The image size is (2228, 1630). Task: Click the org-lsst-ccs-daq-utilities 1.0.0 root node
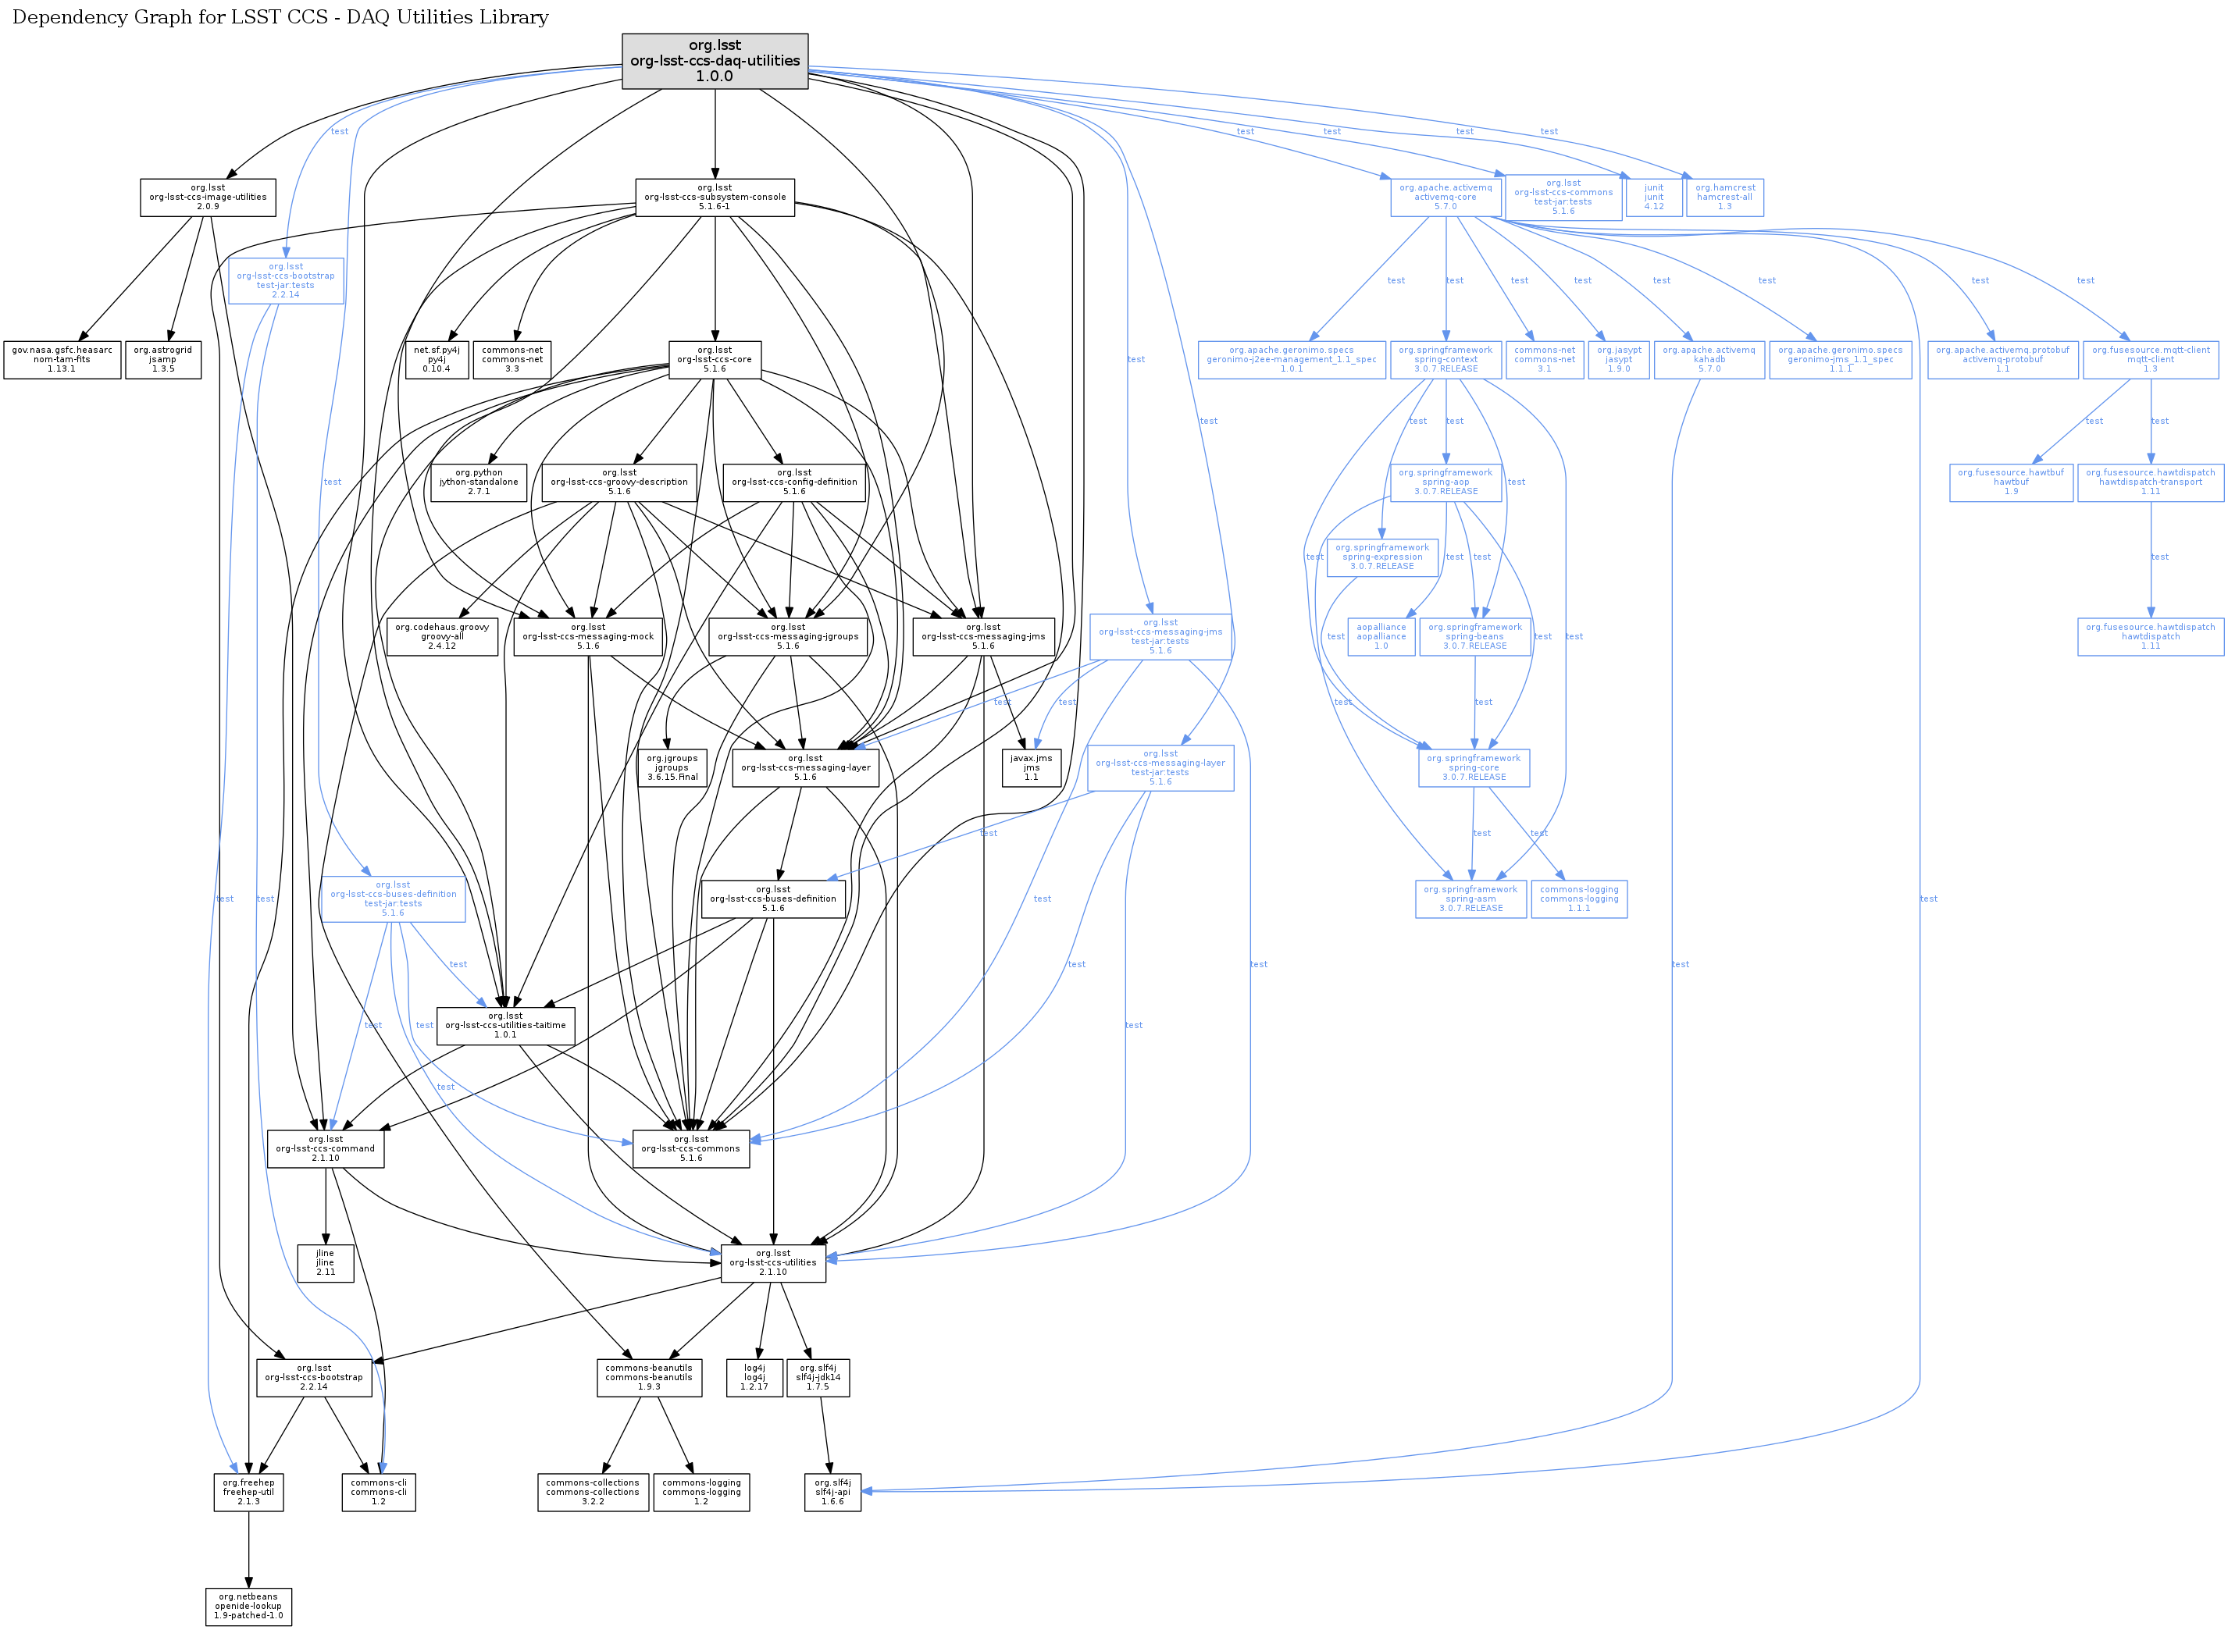pyautogui.click(x=714, y=61)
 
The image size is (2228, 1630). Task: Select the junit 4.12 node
pyautogui.click(x=1653, y=198)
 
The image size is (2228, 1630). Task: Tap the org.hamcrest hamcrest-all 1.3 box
pyautogui.click(x=1724, y=198)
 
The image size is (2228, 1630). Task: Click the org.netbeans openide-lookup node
pyautogui.click(x=249, y=1605)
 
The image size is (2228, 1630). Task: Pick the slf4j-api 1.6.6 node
pyautogui.click(x=832, y=1492)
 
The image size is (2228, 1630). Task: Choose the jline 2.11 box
pyautogui.click(x=325, y=1263)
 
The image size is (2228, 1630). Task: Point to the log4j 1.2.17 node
pyautogui.click(x=754, y=1377)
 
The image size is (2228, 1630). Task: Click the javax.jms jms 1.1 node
pyautogui.click(x=1031, y=767)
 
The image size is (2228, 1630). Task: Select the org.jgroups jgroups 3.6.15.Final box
pyautogui.click(x=672, y=767)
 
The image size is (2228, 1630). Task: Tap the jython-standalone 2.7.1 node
pyautogui.click(x=479, y=482)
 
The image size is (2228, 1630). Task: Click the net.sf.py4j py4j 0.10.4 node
pyautogui.click(x=437, y=359)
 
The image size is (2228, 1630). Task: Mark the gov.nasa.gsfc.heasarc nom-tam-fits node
pyautogui.click(x=61, y=359)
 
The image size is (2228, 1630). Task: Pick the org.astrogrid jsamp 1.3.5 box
pyautogui.click(x=163, y=359)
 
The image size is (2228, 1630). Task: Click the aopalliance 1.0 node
pyautogui.click(x=1381, y=636)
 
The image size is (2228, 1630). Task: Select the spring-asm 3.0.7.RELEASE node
pyautogui.click(x=1470, y=899)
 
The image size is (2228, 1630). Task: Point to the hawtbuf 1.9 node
pyautogui.click(x=2011, y=482)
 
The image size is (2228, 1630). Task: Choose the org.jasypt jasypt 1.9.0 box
pyautogui.click(x=1619, y=359)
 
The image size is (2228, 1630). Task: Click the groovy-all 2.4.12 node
pyautogui.click(x=441, y=636)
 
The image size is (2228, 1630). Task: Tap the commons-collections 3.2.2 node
pyautogui.click(x=592, y=1492)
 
